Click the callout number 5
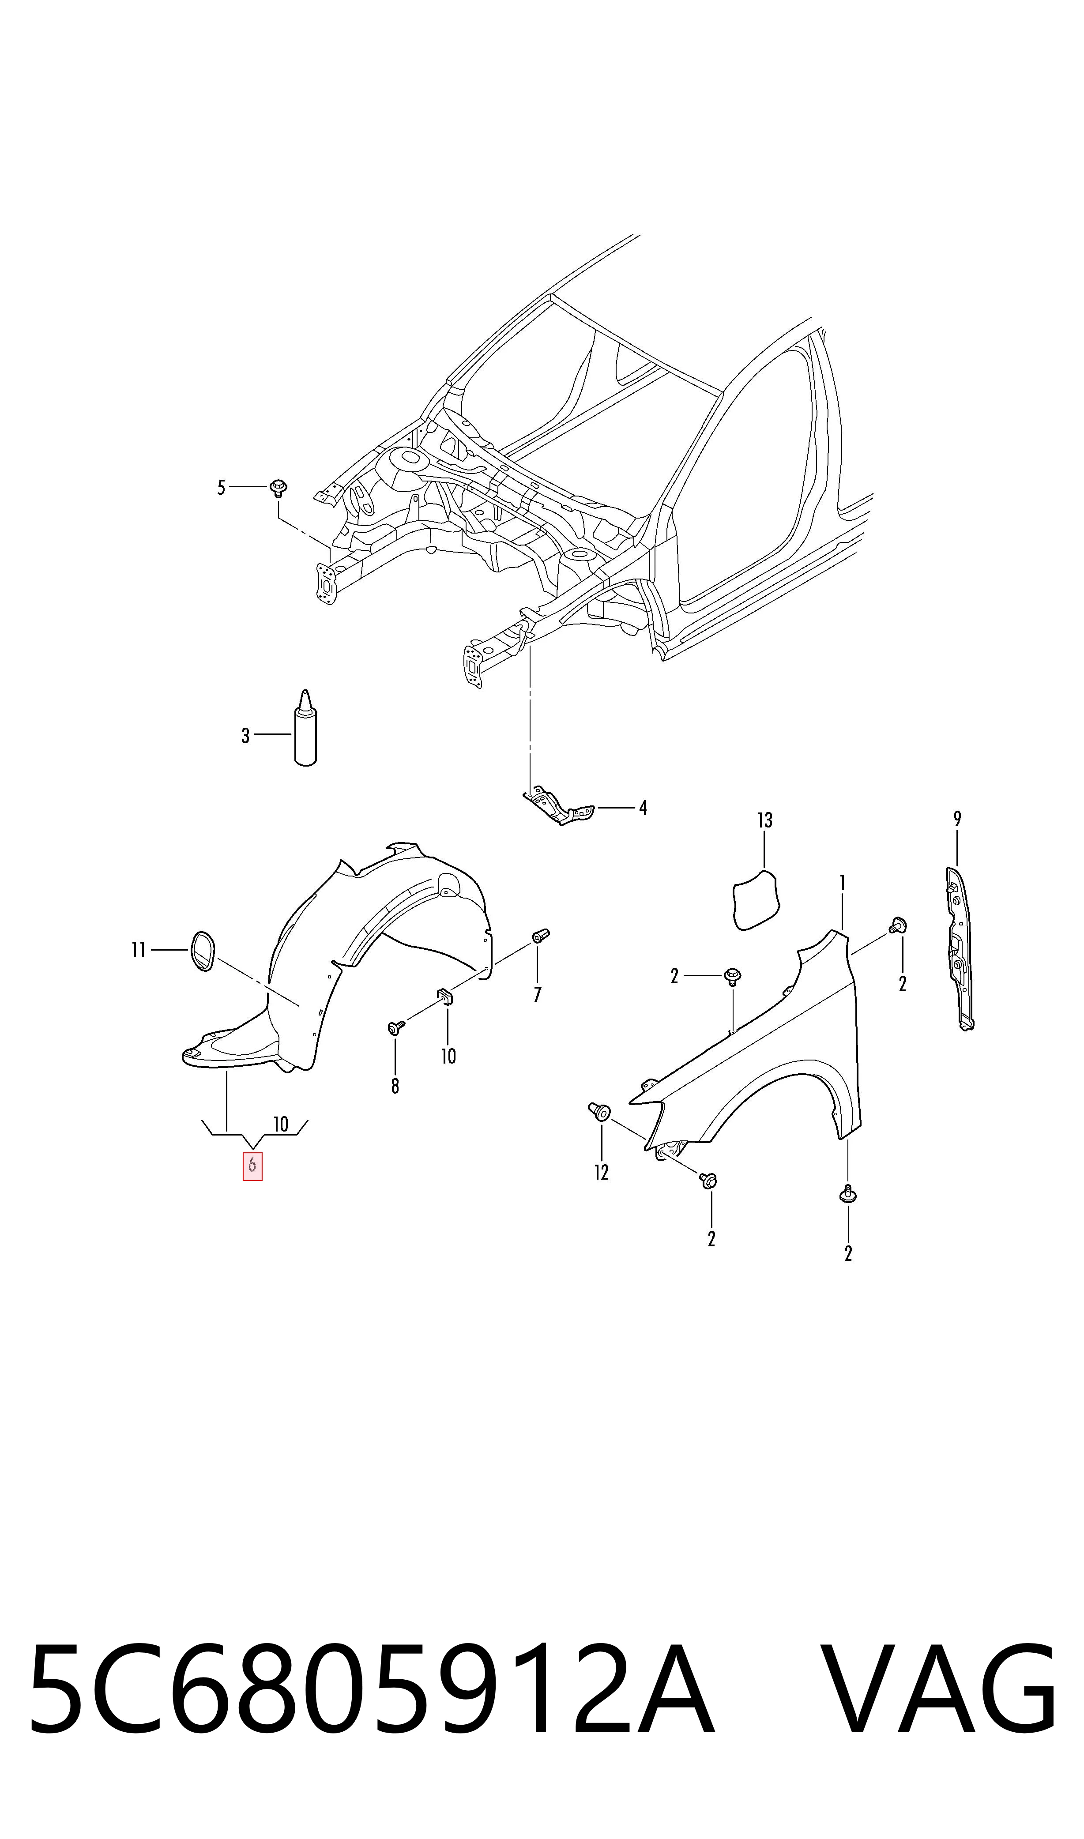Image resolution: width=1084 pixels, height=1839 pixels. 221,487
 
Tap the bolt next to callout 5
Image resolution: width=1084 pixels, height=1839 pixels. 279,487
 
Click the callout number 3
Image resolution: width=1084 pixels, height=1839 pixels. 245,735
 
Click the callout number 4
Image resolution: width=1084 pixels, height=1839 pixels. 643,808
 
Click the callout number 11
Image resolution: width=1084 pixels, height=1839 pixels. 139,949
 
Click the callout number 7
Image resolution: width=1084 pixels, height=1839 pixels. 538,994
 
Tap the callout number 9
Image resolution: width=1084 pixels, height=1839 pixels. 957,819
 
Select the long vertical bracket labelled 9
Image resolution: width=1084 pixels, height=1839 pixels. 960,948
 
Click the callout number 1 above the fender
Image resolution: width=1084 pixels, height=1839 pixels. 842,883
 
